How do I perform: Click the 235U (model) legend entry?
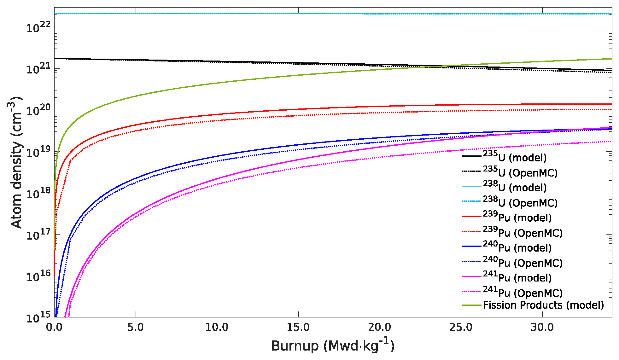click(515, 157)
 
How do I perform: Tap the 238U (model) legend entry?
click(515, 187)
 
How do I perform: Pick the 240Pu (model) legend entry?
click(517, 247)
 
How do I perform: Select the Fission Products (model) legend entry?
click(543, 305)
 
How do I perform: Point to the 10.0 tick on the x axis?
click(217, 327)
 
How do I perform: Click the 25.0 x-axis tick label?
click(461, 327)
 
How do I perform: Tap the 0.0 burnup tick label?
click(54, 327)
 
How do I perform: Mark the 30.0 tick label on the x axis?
click(542, 327)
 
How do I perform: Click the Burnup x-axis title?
click(333, 346)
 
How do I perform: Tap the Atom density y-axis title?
click(16, 162)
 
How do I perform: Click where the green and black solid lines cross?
click(437, 66)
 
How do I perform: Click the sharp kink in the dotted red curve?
click(70, 161)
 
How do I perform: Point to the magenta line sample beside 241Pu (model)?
click(471, 277)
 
